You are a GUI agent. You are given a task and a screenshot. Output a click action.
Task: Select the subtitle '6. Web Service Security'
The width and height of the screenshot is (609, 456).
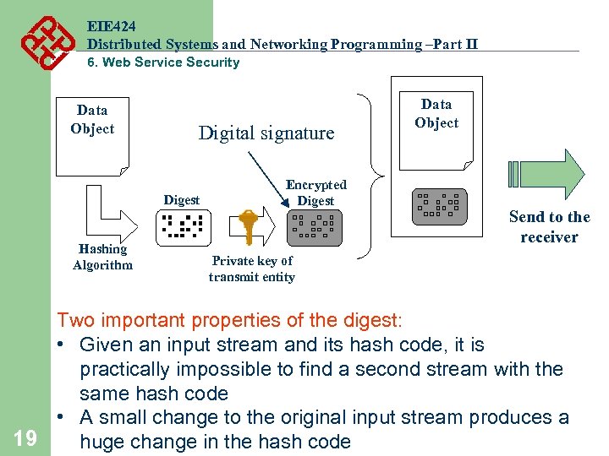click(164, 62)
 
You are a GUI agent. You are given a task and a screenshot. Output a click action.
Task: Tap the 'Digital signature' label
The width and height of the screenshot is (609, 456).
click(266, 133)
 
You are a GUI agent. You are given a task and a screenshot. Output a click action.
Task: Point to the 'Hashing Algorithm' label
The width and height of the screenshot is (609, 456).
click(102, 257)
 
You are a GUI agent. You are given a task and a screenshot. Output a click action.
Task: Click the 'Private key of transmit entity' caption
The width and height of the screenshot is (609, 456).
click(252, 269)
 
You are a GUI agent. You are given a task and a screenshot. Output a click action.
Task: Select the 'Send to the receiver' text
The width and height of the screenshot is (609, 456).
click(549, 227)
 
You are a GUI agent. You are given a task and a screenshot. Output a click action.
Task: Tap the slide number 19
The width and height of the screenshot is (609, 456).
click(25, 437)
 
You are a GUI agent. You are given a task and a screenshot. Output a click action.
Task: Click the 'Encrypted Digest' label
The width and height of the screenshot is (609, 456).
click(315, 193)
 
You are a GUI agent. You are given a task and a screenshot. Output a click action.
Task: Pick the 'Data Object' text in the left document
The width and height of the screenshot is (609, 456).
click(92, 119)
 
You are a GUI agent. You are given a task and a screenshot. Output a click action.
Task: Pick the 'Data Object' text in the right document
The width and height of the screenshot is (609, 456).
click(436, 113)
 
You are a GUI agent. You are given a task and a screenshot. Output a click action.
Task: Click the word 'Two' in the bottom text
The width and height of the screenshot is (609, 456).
click(75, 321)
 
